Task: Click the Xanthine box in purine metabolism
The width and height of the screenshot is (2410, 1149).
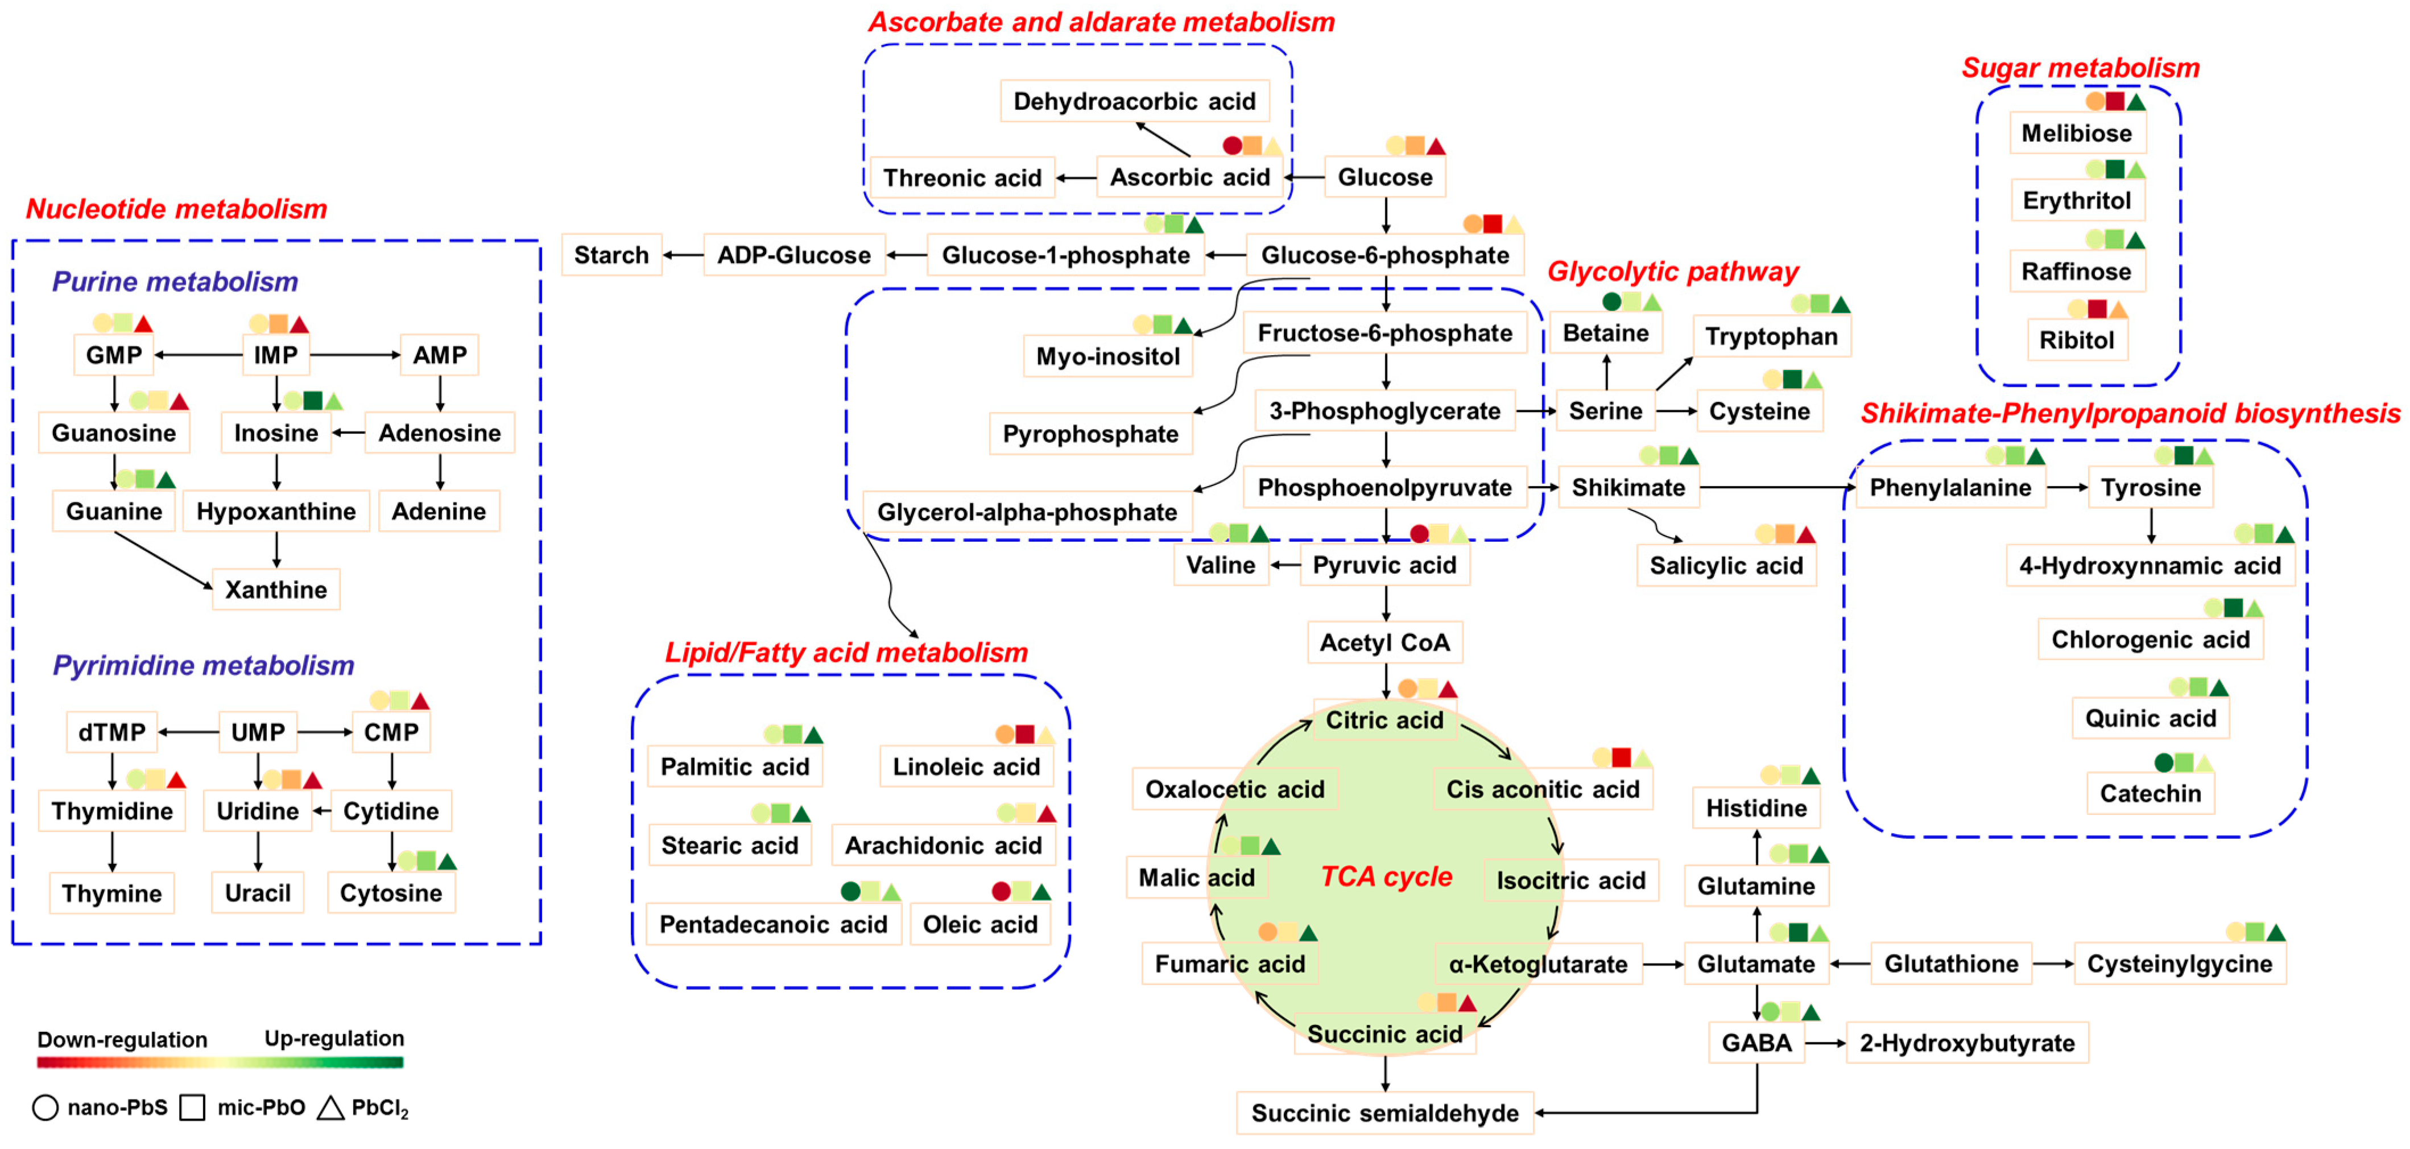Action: (276, 590)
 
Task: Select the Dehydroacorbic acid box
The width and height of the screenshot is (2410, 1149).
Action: (1134, 101)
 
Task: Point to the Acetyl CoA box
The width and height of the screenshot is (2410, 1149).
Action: (1384, 643)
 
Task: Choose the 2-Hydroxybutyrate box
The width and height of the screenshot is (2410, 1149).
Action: (1966, 1043)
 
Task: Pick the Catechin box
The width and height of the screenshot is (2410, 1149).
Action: (2150, 793)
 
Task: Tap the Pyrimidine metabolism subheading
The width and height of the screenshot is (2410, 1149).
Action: (203, 665)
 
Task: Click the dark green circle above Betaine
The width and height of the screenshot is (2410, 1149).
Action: (1611, 301)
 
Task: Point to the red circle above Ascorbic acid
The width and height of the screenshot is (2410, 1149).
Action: (1232, 146)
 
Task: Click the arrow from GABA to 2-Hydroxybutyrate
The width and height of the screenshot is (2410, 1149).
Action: (1824, 1043)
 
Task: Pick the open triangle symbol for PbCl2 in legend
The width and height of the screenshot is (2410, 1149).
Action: (330, 1108)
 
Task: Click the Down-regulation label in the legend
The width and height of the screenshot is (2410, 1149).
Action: (122, 1040)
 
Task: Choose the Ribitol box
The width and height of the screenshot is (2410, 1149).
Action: (2076, 340)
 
